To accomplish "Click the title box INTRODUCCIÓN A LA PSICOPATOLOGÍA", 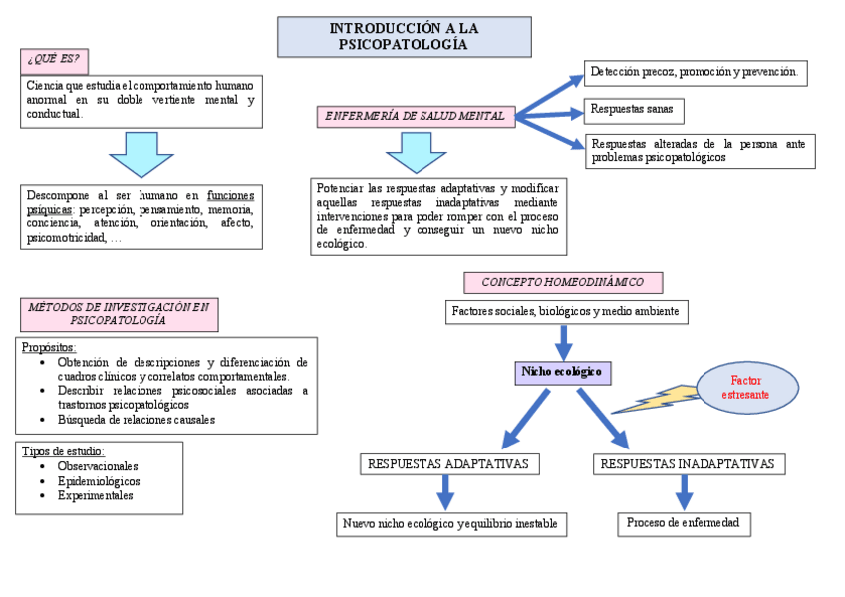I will click(x=403, y=37).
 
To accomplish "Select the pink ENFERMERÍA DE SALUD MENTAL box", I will click(x=417, y=117).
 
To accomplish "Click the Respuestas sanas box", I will click(x=633, y=109).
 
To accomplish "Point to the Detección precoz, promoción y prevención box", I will click(x=695, y=73).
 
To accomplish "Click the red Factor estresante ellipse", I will click(x=746, y=387).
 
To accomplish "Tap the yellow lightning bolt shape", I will click(x=658, y=400).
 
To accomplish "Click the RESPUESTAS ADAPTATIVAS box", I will click(x=448, y=464).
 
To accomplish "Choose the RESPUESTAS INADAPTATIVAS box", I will click(x=689, y=464).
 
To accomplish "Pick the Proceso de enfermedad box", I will click(x=683, y=523).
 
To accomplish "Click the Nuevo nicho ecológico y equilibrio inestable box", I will click(x=450, y=524).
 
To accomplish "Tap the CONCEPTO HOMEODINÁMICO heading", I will click(x=563, y=282).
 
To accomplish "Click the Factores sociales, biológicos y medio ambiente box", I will click(x=565, y=312).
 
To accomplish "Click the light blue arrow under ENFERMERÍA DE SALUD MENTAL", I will click(x=416, y=153).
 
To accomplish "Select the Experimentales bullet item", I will click(x=95, y=495).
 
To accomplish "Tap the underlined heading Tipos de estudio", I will click(x=63, y=451).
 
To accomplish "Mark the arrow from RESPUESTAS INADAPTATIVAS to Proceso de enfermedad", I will click(x=684, y=492).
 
